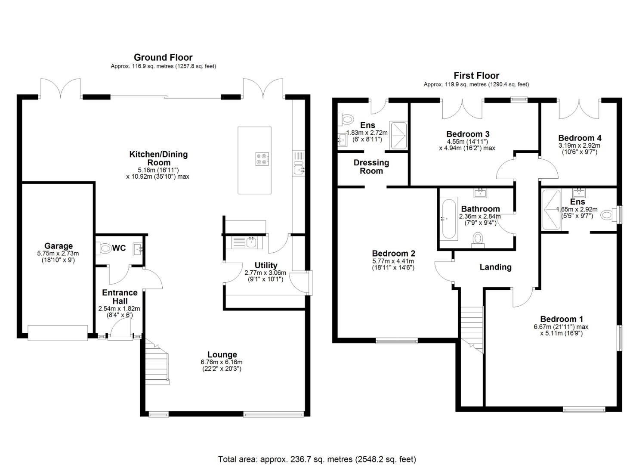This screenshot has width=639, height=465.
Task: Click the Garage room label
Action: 59,246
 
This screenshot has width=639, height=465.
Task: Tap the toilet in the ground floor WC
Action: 104,248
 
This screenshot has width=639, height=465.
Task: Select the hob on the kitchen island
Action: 262,159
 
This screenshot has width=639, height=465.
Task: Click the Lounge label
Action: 222,355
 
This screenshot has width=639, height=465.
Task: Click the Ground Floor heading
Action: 163,57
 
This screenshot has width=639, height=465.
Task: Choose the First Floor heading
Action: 476,75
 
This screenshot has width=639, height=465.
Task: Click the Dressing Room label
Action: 371,167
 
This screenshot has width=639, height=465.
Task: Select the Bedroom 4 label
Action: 580,138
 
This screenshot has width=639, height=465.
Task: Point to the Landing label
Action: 495,267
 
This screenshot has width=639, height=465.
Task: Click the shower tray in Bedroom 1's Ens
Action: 551,209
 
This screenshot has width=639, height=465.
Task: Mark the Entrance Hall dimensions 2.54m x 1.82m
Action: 119,309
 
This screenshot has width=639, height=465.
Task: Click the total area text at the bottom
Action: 317,459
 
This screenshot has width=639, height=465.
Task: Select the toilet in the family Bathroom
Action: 478,239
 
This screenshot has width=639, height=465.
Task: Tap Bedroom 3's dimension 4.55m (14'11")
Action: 467,141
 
